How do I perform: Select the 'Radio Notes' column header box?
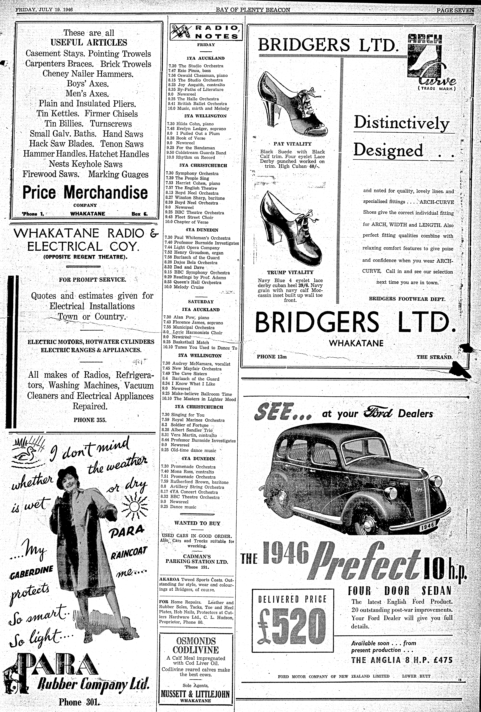pos(206,32)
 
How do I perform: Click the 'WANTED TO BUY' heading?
pos(197,523)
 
